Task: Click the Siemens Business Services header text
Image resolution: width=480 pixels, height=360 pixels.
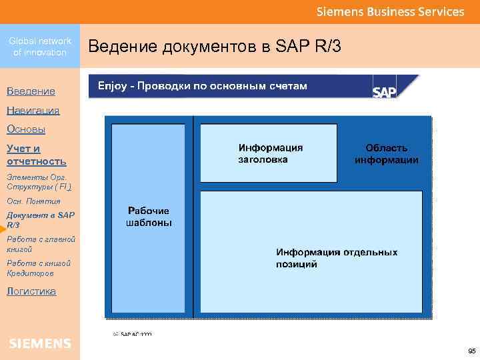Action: (x=390, y=12)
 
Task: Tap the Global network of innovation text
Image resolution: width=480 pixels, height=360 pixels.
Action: (x=40, y=47)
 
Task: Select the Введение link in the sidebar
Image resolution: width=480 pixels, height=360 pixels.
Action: (x=31, y=91)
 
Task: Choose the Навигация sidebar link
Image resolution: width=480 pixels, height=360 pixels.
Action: (x=33, y=110)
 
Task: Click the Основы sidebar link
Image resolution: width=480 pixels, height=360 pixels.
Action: (x=26, y=129)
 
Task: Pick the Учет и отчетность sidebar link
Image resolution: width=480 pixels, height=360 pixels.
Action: (x=36, y=155)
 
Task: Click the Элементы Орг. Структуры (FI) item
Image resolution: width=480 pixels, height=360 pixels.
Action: (x=39, y=182)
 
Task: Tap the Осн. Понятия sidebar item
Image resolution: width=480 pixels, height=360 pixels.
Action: (x=33, y=201)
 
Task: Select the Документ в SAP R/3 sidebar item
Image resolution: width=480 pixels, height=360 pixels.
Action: (x=41, y=220)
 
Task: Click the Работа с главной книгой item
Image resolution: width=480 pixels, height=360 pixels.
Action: (x=41, y=244)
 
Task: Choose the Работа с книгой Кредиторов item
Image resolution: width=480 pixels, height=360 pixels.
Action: (x=39, y=268)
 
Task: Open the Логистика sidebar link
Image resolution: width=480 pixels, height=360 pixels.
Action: (x=31, y=291)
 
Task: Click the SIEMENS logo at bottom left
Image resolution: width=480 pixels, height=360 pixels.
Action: (x=40, y=343)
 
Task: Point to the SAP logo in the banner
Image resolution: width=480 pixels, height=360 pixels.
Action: (x=385, y=92)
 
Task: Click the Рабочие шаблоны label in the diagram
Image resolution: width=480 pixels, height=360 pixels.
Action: (x=149, y=217)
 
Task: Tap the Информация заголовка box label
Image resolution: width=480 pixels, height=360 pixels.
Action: (x=271, y=153)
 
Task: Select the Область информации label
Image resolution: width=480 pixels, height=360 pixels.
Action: (x=387, y=154)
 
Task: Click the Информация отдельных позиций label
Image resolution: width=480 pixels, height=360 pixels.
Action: (x=337, y=258)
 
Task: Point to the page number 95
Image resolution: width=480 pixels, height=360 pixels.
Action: (x=471, y=351)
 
